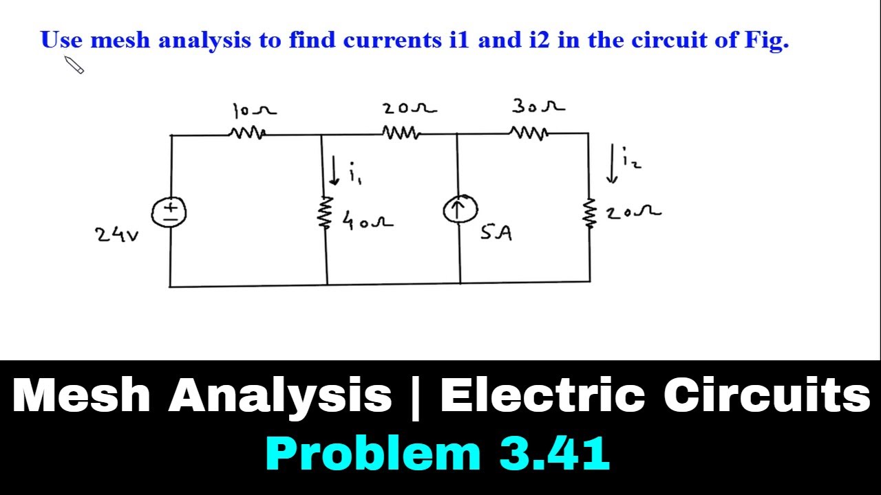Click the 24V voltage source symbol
[169, 212]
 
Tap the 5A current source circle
[460, 210]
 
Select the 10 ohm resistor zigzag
[247, 133]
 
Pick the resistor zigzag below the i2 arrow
[590, 212]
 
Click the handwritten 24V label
[117, 235]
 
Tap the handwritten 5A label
[496, 232]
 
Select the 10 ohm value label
[255, 111]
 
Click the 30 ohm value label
[538, 106]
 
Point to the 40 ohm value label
[368, 220]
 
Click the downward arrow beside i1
[335, 170]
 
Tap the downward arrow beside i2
[612, 164]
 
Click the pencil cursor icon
[74, 65]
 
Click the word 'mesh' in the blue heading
[120, 40]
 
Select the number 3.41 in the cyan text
[555, 453]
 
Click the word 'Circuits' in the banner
[767, 394]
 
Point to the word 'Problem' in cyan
[374, 453]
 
